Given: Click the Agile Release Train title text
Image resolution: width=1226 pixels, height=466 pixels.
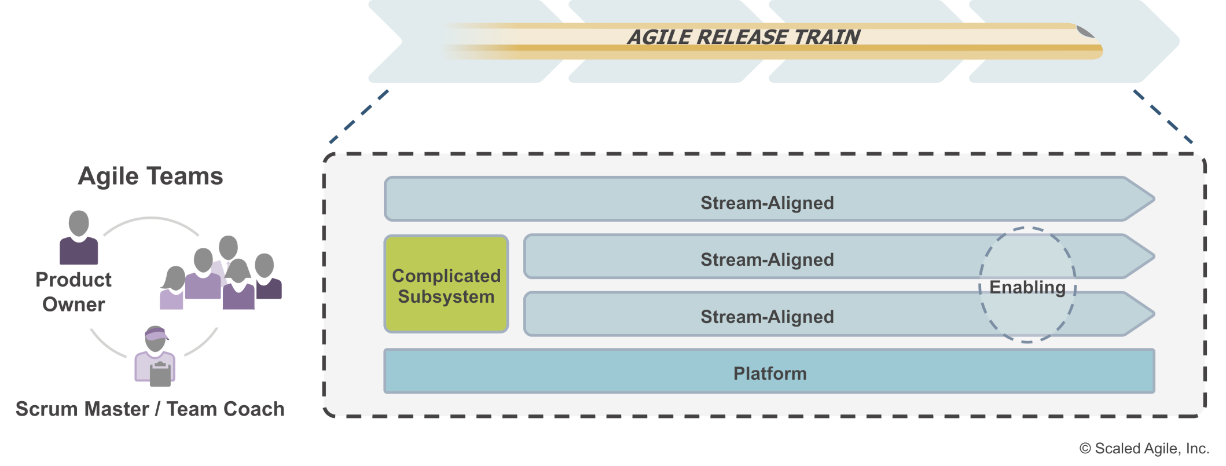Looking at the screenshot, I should [743, 38].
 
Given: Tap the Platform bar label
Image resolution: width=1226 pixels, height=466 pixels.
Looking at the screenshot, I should [769, 373].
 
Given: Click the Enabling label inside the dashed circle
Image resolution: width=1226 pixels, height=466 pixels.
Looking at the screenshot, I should [1027, 287].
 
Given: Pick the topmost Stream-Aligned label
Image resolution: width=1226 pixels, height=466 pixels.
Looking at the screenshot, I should [767, 203].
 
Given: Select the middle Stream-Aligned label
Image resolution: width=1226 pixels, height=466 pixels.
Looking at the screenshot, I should [767, 260].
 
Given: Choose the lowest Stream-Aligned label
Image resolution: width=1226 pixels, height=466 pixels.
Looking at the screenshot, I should [767, 317].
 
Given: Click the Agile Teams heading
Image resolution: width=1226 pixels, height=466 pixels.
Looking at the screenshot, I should [151, 176].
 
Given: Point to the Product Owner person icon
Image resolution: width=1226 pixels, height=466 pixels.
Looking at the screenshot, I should [79, 237].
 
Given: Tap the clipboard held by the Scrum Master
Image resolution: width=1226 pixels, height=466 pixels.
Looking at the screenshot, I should [160, 374].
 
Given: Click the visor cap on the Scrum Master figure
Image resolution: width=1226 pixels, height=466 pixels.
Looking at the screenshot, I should [156, 333].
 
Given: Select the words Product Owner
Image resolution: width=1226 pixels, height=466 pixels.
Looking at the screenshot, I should [74, 292].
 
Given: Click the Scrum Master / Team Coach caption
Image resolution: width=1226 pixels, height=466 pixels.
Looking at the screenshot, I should [150, 409].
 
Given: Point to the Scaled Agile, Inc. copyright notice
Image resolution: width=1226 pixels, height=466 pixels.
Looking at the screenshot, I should [1144, 449].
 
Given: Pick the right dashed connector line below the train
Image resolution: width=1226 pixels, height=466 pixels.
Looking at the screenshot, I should [1162, 116].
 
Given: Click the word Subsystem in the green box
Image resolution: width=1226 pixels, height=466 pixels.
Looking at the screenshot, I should [446, 297].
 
